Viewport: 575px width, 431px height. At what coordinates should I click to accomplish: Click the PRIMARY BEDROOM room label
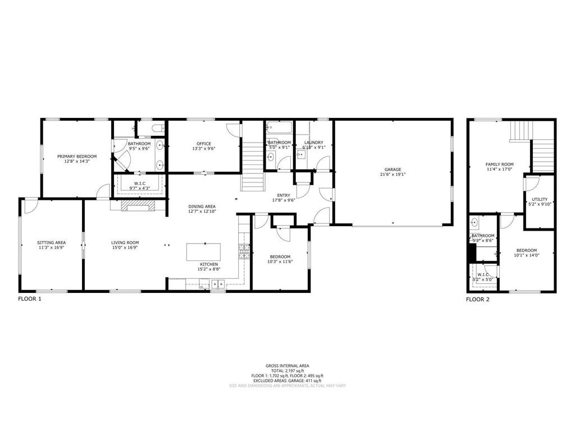[77, 156]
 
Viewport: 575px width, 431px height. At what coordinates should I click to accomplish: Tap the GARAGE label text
[393, 169]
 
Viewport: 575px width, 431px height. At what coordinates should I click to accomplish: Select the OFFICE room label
[204, 144]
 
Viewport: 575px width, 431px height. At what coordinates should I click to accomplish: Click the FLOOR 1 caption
[30, 299]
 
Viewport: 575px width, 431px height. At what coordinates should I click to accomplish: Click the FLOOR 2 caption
[478, 299]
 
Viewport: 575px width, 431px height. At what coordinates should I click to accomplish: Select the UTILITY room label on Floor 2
[540, 199]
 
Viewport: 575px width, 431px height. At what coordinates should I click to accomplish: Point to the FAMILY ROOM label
[499, 164]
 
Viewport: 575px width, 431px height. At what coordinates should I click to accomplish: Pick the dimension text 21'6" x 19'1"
[393, 175]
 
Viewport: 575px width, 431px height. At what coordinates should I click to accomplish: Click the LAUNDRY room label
[313, 143]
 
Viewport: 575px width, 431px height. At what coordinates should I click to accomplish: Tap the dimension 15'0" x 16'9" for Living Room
[125, 247]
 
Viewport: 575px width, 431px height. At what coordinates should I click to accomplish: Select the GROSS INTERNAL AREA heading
[287, 366]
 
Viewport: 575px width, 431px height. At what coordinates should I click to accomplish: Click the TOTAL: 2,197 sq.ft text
[287, 371]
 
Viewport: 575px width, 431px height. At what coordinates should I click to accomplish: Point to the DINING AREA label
[202, 207]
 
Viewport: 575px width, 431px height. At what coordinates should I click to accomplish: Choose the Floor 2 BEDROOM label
[526, 250]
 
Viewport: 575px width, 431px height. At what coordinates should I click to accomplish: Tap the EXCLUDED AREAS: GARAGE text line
[287, 381]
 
